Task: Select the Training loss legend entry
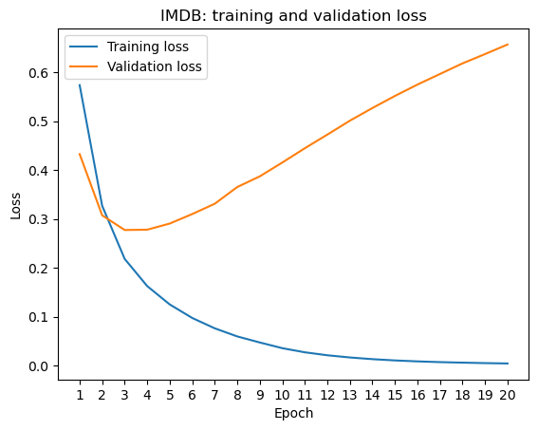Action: point(129,47)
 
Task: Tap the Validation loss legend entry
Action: point(136,66)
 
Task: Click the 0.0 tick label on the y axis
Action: point(38,366)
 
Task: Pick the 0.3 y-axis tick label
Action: point(38,219)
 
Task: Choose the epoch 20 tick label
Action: point(508,395)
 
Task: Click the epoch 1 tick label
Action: point(80,395)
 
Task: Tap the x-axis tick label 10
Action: point(283,395)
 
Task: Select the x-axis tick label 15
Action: point(395,395)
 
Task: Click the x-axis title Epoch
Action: point(294,413)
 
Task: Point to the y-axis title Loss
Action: point(16,206)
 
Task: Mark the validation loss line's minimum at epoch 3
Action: point(125,230)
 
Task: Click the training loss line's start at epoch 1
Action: point(80,84)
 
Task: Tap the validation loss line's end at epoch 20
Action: point(508,45)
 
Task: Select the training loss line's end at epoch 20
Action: point(508,364)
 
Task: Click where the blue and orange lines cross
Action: point(105,217)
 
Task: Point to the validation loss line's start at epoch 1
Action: point(80,154)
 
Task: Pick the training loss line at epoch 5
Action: point(170,305)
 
